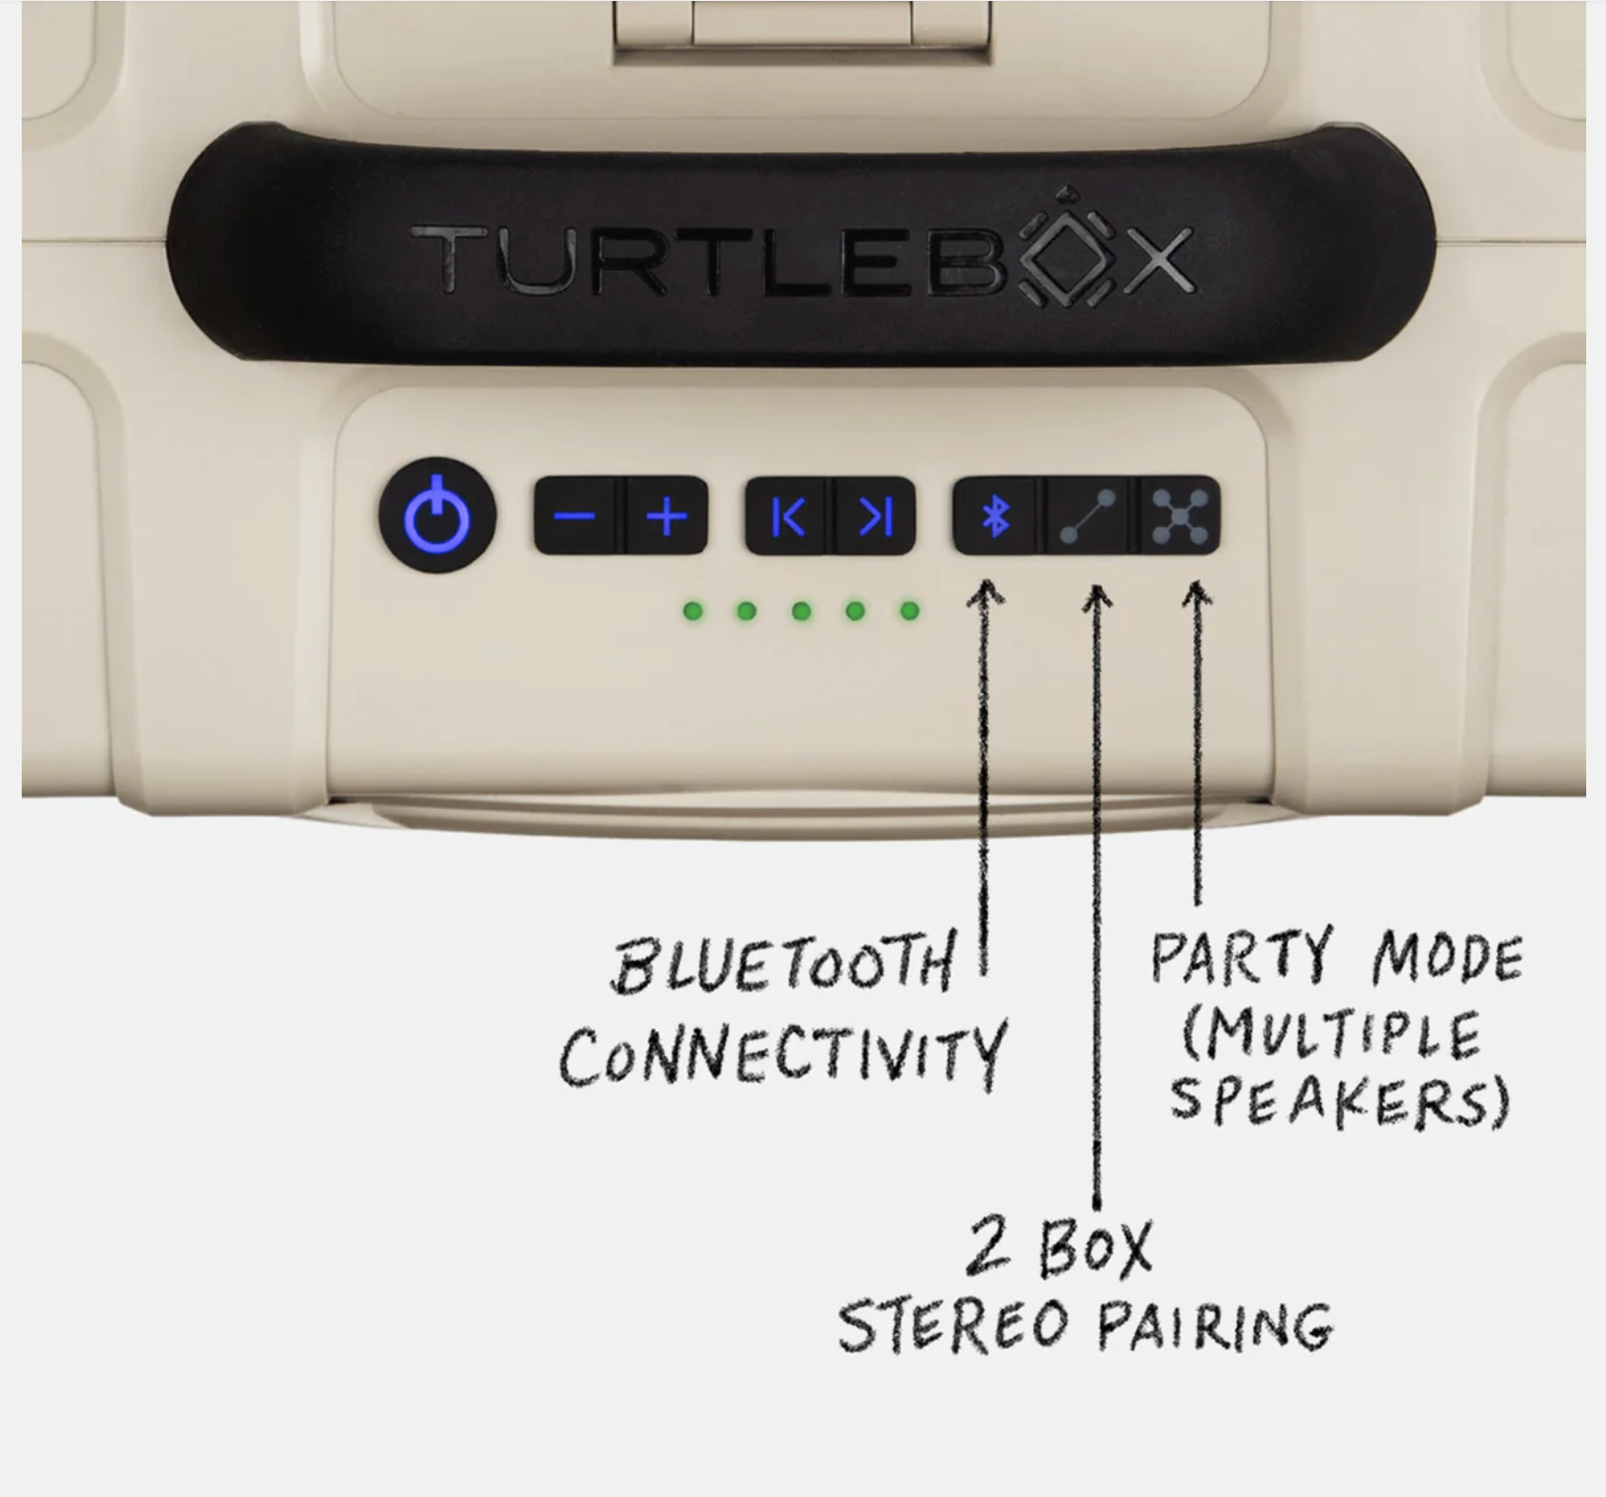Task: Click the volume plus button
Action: pos(668,516)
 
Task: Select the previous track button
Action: pos(789,516)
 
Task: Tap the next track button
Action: pos(875,516)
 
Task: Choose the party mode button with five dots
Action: pos(1180,516)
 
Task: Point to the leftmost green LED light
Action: pos(694,611)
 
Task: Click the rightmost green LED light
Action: pos(909,611)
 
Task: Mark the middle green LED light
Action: pos(801,611)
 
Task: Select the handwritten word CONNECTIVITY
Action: pos(782,1054)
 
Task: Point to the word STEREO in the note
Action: pos(953,1325)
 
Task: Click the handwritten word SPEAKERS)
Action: pos(1340,1101)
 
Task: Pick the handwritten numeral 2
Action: pos(988,1246)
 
